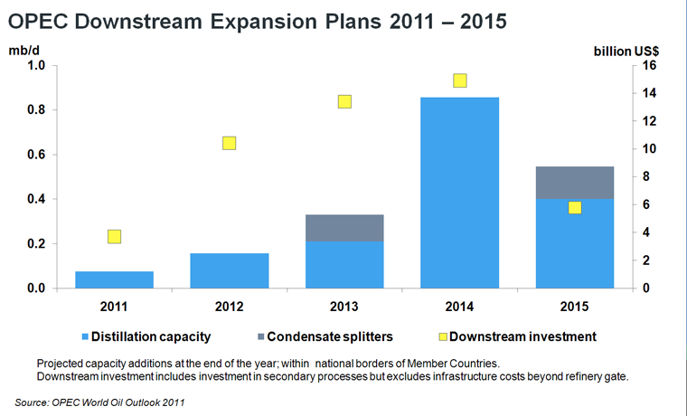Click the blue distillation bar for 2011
pos(114,279)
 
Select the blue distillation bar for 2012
pos(229,270)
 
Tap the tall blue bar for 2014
pos(459,193)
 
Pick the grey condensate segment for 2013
pos(344,228)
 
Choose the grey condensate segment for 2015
pos(574,183)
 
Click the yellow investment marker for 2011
pos(114,237)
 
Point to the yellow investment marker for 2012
pos(229,143)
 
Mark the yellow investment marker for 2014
pos(459,80)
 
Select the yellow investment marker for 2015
pos(574,208)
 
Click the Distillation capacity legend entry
pos(145,336)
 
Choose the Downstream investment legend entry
pos(515,336)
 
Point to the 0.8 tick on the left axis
pos(33,110)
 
